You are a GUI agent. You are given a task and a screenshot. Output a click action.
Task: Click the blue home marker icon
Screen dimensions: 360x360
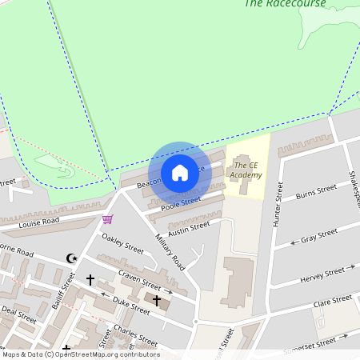pyautogui.click(x=180, y=172)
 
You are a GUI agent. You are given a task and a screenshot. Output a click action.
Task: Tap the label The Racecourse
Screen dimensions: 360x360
pyautogui.click(x=285, y=3)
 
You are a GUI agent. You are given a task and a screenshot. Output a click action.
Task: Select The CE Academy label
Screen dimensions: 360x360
pyautogui.click(x=246, y=170)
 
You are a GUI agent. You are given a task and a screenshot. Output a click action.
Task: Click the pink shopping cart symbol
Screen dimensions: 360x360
pyautogui.click(x=107, y=218)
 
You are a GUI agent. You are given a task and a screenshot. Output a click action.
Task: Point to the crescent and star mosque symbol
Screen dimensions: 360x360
pyautogui.click(x=72, y=258)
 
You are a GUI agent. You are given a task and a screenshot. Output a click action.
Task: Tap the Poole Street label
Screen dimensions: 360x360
pyautogui.click(x=180, y=203)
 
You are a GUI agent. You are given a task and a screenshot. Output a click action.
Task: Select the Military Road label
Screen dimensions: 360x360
pyautogui.click(x=170, y=253)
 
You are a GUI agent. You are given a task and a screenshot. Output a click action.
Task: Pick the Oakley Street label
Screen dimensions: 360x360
pyautogui.click(x=122, y=244)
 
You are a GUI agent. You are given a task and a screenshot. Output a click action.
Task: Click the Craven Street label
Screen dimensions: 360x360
pyautogui.click(x=139, y=279)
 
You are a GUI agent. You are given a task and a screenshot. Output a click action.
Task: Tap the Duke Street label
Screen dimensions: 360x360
pyautogui.click(x=131, y=305)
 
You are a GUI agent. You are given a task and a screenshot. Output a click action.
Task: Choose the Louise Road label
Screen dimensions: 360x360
pyautogui.click(x=39, y=221)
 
